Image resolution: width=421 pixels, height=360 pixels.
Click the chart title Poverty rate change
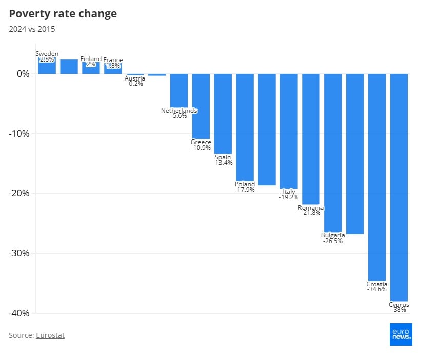[63, 14]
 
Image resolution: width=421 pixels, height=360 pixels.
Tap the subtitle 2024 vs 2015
[32, 29]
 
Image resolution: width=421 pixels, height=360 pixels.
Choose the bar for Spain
[223, 113]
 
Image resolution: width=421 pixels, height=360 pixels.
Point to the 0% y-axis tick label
[23, 73]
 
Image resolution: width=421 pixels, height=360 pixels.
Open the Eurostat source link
[50, 335]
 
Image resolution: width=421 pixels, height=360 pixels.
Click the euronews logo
[400, 334]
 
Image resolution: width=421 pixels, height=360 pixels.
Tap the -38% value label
[398, 310]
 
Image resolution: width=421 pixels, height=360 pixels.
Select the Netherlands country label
[179, 111]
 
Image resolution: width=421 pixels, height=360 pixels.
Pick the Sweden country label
[47, 54]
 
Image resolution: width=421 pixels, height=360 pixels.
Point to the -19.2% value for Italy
[289, 197]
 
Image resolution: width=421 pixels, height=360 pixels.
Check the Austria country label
[135, 78]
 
